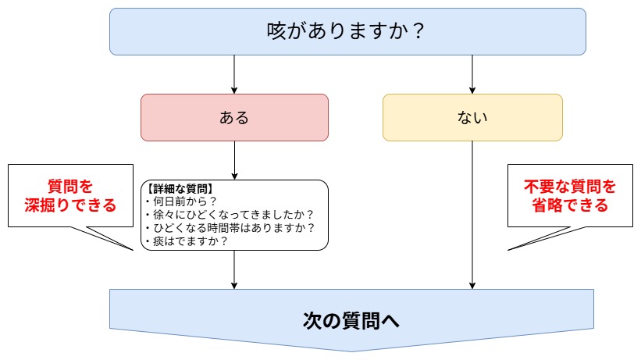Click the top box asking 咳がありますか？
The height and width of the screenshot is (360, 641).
[347, 32]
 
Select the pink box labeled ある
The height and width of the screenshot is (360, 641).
[234, 118]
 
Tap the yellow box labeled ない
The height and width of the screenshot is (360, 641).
[472, 118]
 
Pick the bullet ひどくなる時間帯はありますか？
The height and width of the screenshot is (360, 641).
[229, 228]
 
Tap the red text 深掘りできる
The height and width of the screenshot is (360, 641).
[70, 206]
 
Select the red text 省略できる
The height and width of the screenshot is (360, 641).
[570, 206]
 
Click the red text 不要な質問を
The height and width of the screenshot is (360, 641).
[570, 187]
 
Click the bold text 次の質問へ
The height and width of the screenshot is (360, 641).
[351, 320]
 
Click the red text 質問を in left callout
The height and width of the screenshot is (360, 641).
[70, 187]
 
